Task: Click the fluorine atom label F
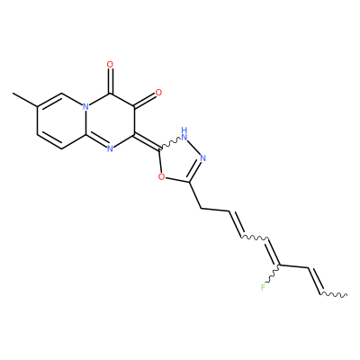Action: click(x=263, y=288)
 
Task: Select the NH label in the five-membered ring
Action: click(x=184, y=134)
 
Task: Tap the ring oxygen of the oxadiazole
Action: click(x=161, y=177)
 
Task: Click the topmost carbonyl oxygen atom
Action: click(x=110, y=65)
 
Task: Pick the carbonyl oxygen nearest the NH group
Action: click(x=158, y=93)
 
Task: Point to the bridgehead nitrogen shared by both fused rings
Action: click(x=85, y=106)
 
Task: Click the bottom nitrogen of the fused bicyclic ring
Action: click(x=110, y=148)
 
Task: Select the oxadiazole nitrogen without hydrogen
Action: click(x=203, y=157)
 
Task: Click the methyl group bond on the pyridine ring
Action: click(x=24, y=100)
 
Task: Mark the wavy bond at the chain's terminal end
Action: click(x=334, y=294)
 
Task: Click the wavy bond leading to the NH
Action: click(x=171, y=143)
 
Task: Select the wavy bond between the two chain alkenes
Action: click(x=255, y=238)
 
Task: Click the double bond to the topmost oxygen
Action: click(x=110, y=81)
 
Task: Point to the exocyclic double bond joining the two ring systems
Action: click(x=147, y=141)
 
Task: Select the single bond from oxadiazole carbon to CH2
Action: click(x=195, y=195)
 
